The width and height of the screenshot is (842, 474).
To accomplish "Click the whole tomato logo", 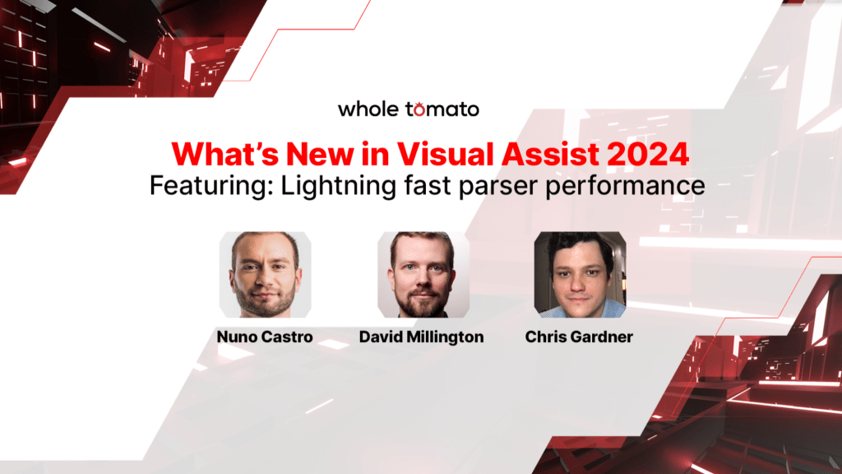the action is coord(408,109).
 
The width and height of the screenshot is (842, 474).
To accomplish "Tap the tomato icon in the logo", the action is coord(418,109).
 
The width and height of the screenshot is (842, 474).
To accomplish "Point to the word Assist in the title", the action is coord(550,154).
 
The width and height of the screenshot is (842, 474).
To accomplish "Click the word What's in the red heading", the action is coord(225,154).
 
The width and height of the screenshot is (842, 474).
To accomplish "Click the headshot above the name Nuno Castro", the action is coord(266,275).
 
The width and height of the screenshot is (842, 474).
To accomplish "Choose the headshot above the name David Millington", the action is coord(423,275).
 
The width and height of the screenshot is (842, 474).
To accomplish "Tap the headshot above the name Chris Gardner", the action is coord(580,275).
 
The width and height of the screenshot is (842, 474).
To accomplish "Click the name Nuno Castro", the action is coord(265,337).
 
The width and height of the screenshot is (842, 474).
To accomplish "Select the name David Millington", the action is coord(422,337).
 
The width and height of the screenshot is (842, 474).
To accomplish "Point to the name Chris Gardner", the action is coord(579,337).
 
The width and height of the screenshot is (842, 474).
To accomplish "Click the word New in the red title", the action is coord(320,154).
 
